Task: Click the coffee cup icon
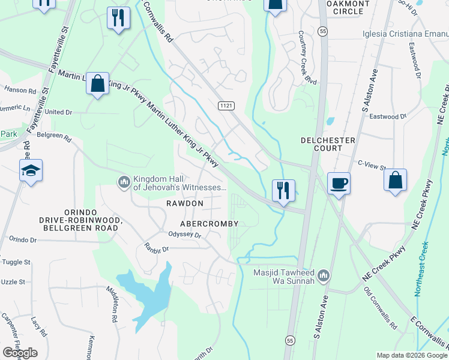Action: click(339, 182)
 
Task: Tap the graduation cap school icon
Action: click(30, 171)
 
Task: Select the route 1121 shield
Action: click(226, 106)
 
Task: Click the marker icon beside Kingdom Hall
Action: click(124, 181)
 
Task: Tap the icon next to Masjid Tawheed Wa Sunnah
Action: click(324, 275)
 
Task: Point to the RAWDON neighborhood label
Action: click(185, 204)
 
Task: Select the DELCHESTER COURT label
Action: click(328, 144)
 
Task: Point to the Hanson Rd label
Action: click(20, 90)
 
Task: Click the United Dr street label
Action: click(58, 112)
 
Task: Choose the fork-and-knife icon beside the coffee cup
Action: click(282, 190)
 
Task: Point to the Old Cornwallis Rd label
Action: click(381, 309)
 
